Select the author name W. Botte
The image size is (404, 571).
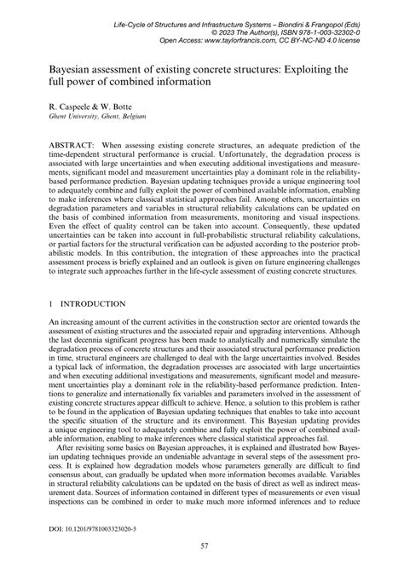point(107,110)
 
